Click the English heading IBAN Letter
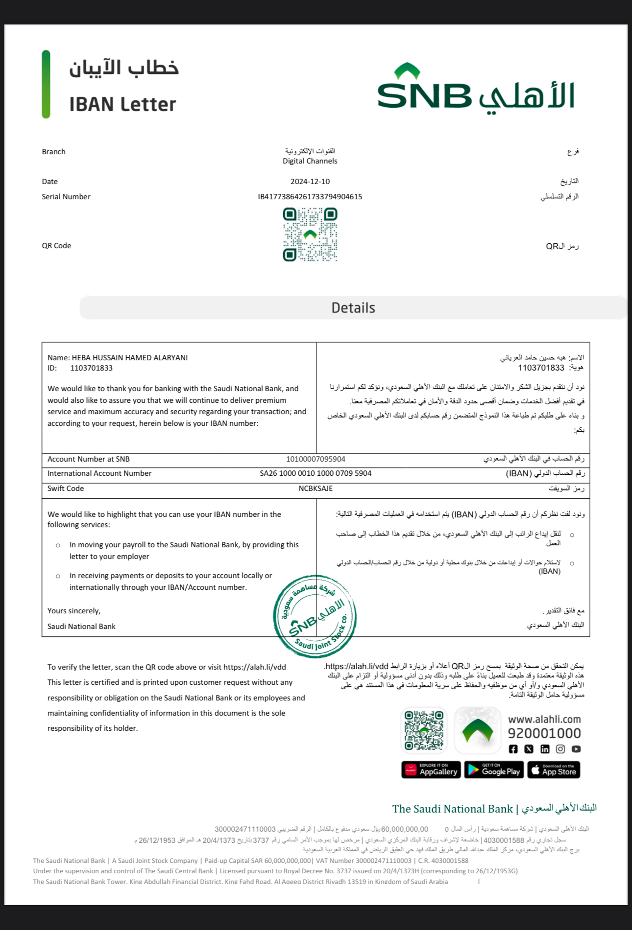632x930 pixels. [122, 104]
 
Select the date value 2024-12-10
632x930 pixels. [310, 182]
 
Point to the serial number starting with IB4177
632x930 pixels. [310, 197]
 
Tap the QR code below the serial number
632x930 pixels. [310, 234]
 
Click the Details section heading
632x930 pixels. [353, 308]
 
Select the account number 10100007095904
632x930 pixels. [316, 459]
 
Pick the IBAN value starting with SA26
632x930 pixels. [316, 473]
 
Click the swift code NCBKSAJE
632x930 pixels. [316, 488]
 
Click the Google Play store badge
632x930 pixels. [494, 770]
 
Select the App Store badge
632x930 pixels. [554, 770]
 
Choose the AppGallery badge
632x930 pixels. [431, 770]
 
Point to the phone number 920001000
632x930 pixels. [544, 733]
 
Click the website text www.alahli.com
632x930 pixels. [544, 720]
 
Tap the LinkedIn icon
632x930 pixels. [545, 749]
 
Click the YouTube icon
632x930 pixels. [576, 749]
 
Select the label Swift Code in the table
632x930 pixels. [66, 488]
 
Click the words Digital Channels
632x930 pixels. [310, 161]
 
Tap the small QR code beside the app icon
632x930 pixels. [424, 730]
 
